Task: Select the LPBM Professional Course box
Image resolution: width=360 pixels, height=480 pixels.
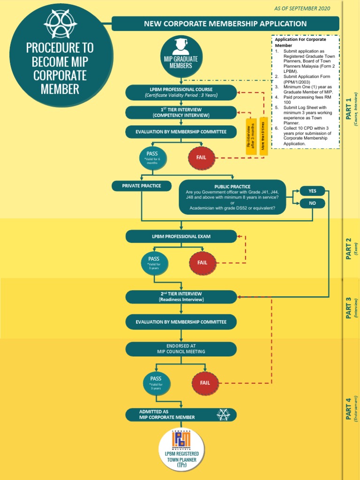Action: coord(181,92)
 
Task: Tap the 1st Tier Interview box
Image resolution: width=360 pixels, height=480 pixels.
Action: coord(181,112)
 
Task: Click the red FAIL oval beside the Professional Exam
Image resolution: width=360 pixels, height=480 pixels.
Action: coord(202,263)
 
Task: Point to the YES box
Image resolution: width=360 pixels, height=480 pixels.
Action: coord(312,191)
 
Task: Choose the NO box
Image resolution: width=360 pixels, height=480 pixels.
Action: coord(312,203)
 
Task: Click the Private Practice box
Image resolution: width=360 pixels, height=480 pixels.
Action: coord(141,186)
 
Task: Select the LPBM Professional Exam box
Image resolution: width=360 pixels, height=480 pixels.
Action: coord(181,237)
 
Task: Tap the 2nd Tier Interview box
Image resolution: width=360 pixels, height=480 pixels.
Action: coord(181,297)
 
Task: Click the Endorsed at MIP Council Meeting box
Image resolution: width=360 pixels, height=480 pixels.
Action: coord(181,349)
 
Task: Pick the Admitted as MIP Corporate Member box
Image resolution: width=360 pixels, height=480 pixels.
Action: coord(181,415)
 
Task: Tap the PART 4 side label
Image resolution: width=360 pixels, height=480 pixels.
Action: coord(349,409)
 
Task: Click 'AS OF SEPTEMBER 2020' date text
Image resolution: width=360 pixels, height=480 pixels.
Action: coord(302,8)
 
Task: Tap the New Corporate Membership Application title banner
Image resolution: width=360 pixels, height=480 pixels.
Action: coord(225,23)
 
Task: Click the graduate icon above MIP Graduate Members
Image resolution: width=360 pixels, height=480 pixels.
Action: coord(181,47)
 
